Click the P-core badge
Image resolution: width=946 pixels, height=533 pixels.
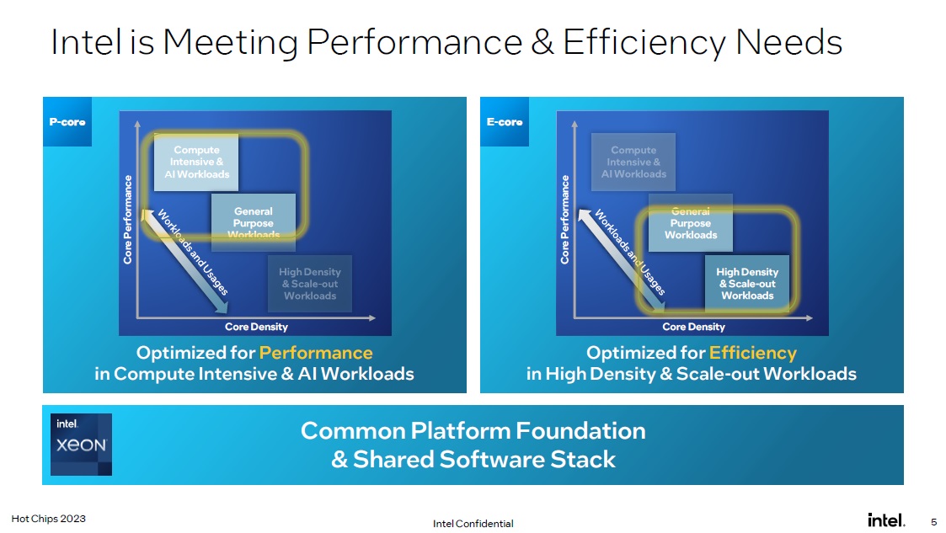click(x=67, y=122)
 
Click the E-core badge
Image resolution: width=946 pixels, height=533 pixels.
click(x=505, y=122)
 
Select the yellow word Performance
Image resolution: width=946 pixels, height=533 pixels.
click(x=315, y=352)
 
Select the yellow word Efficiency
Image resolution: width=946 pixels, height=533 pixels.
click(x=752, y=352)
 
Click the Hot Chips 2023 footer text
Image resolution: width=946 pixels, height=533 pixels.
click(x=48, y=519)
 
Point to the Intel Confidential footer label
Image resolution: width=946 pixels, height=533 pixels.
click(x=473, y=523)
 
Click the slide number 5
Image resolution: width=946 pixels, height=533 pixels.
click(x=933, y=520)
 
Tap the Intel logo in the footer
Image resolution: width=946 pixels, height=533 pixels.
click(x=886, y=520)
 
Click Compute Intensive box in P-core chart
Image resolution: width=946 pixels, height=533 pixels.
click(x=196, y=162)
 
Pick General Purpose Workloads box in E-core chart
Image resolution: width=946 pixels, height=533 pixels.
click(x=691, y=223)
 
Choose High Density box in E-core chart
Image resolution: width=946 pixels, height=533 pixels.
click(x=747, y=284)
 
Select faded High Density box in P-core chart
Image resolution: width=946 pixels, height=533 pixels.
click(x=310, y=284)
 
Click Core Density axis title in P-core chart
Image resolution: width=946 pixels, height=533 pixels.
click(x=256, y=327)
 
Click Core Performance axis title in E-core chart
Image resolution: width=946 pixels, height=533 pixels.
click(x=565, y=219)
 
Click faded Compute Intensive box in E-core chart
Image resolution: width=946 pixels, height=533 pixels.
click(x=633, y=162)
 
